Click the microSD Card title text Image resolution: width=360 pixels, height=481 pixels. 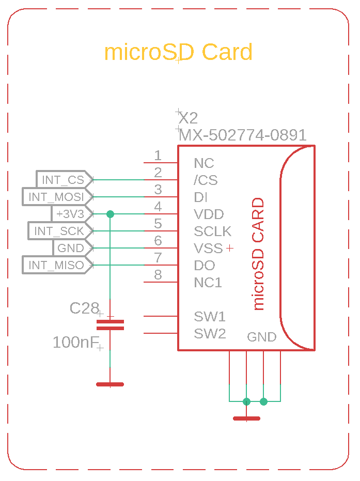tap(178, 52)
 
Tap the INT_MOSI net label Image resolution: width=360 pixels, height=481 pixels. tap(58, 197)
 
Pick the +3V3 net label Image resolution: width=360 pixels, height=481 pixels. tap(72, 214)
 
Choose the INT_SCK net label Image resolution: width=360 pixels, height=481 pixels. tap(60, 230)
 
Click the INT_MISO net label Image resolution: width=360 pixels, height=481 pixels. tap(58, 265)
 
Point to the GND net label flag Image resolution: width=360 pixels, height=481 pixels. tap(73, 248)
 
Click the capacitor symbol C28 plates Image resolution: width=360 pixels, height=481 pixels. tap(110, 325)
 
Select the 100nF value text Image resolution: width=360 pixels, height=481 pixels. tap(76, 342)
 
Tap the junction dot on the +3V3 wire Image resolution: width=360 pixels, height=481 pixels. tap(110, 214)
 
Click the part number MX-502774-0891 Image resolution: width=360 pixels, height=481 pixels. tap(243, 135)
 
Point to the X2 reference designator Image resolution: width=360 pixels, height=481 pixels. tap(188, 118)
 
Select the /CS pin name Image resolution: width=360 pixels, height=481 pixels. tap(206, 180)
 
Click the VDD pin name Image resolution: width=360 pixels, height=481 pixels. tap(209, 214)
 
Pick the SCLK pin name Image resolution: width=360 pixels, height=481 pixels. tap(212, 231)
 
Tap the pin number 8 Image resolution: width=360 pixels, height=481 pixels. tap(158, 275)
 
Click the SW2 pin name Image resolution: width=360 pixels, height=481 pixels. tap(210, 333)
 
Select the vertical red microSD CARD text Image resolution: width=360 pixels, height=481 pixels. tap(258, 254)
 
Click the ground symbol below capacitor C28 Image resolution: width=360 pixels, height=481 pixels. tap(110, 384)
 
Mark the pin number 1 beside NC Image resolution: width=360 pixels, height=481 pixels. tap(158, 156)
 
